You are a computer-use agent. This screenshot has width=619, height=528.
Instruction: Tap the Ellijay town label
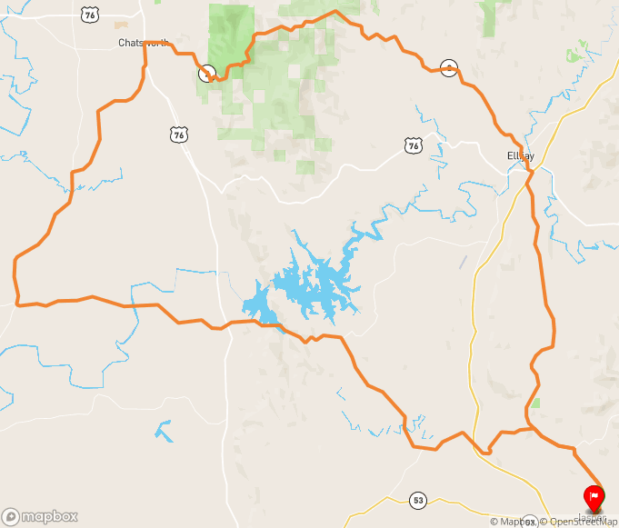tap(520, 156)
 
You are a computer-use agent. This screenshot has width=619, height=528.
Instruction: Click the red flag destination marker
tap(593, 496)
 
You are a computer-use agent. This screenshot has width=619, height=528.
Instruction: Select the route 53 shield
tap(417, 500)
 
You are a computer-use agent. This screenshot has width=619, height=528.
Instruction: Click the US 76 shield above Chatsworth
tap(89, 15)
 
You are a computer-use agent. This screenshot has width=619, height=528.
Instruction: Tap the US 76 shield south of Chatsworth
tap(178, 134)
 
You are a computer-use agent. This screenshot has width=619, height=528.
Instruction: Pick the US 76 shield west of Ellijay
tap(414, 145)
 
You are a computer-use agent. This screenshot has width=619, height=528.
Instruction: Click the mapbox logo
tap(40, 516)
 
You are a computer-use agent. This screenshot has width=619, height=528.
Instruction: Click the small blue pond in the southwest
tap(164, 430)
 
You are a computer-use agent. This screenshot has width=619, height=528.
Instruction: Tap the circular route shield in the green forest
tap(206, 72)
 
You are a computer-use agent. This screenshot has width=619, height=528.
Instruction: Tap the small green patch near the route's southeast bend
tap(536, 402)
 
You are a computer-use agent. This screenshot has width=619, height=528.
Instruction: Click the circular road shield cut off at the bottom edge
tap(528, 523)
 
